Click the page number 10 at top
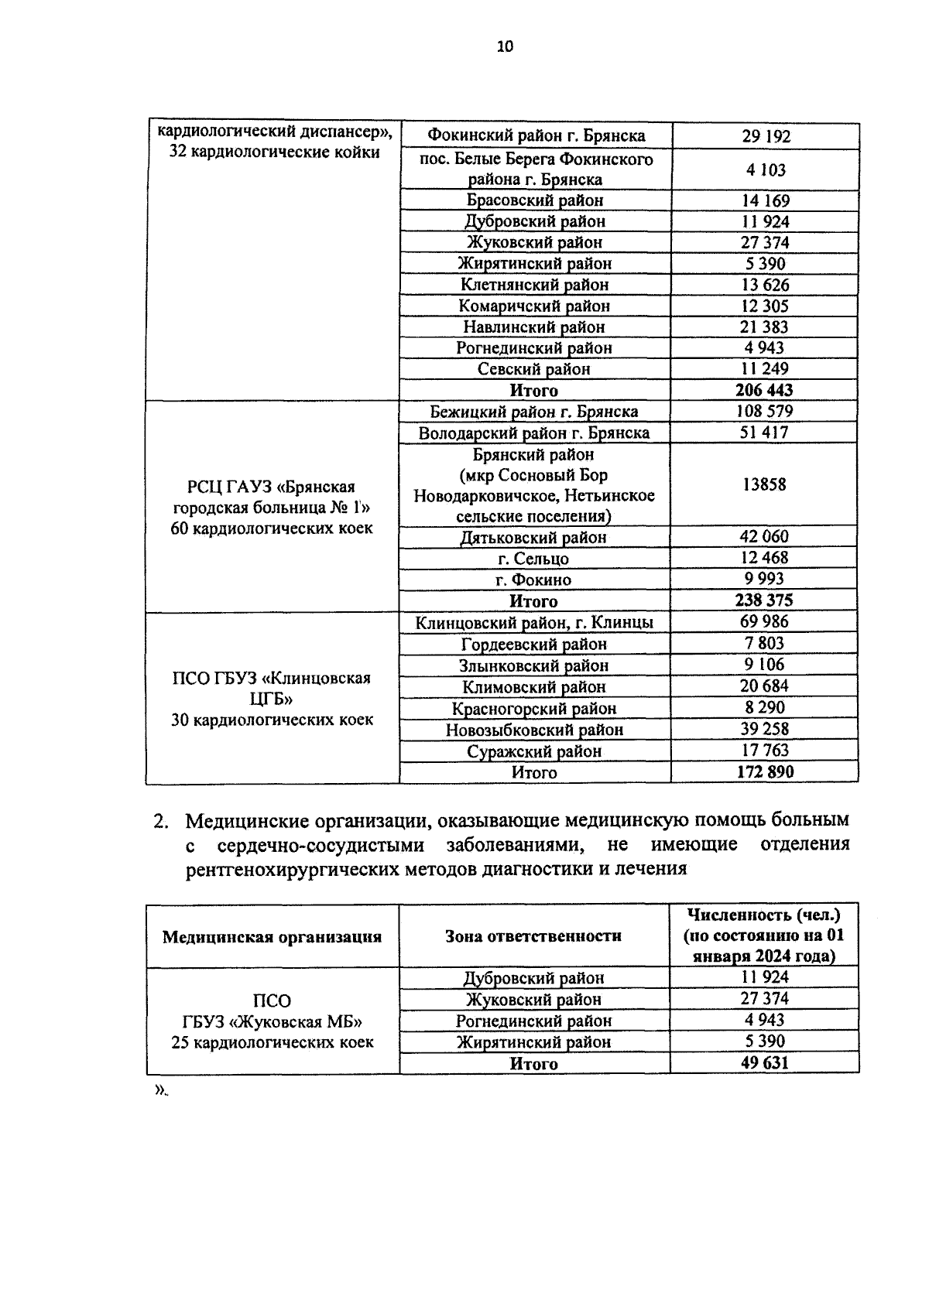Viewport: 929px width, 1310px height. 505,46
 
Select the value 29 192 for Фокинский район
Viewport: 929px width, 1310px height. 766,137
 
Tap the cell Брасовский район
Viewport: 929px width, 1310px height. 535,200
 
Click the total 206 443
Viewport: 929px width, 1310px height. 764,390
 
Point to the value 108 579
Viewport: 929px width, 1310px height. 764,411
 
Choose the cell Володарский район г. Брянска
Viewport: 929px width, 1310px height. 534,433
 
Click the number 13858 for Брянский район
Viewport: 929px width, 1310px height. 764,484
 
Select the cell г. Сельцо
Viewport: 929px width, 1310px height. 534,559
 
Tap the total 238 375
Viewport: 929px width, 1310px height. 764,600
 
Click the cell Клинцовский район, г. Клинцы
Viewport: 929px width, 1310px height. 534,623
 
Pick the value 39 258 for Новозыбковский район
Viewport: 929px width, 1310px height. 764,729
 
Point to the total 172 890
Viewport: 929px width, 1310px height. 764,771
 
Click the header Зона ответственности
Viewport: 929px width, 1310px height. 533,936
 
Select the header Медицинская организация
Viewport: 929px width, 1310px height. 272,937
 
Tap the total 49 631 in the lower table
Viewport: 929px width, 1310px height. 764,1062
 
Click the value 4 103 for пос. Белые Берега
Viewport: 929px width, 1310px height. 766,170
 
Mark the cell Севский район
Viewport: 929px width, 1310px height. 534,369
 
